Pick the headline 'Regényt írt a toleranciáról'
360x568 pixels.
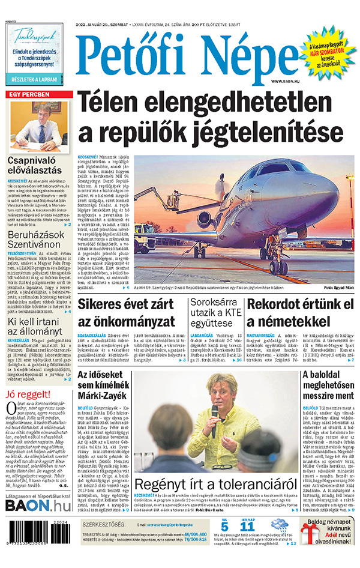coord(216,486)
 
